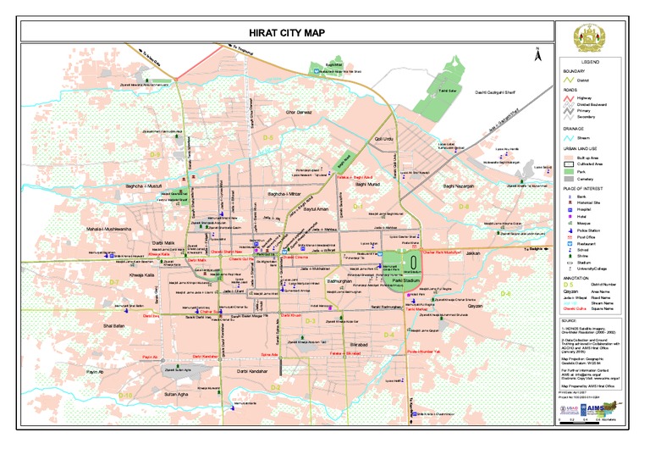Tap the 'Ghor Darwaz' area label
pyautogui.click(x=300, y=112)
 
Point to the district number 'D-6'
pyautogui.click(x=505, y=293)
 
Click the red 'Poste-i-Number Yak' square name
pyautogui.click(x=422, y=351)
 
